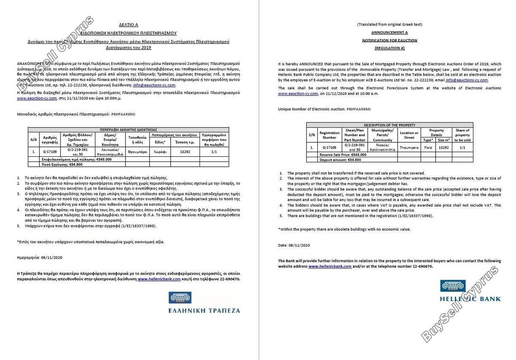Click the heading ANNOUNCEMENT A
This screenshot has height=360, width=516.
[389, 32]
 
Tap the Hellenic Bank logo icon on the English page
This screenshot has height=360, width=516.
[453, 286]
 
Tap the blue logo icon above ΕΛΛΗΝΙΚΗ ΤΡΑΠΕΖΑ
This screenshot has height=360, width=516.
[180, 298]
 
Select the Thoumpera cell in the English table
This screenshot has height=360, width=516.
[408, 147]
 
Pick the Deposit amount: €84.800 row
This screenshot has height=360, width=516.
[340, 160]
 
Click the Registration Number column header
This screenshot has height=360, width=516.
[329, 135]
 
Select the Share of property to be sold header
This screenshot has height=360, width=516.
[462, 135]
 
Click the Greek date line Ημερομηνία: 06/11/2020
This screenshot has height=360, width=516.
[40, 257]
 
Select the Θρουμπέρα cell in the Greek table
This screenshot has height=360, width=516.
[138, 152]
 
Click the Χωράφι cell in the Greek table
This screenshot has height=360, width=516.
[160, 152]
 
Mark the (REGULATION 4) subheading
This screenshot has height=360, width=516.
[389, 48]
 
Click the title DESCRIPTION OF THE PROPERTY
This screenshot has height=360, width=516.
[390, 125]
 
